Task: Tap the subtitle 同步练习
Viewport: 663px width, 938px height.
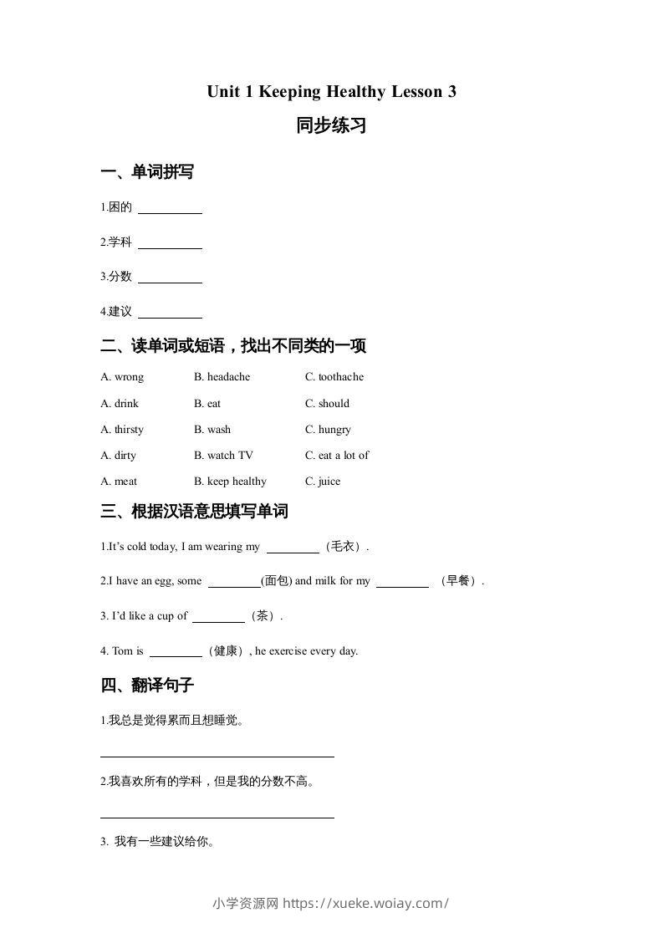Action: (x=331, y=126)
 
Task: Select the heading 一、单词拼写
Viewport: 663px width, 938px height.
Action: (x=147, y=172)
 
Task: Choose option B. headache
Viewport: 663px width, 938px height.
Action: (x=222, y=377)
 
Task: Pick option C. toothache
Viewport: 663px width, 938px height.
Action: (x=334, y=377)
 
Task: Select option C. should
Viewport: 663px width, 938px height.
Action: (x=328, y=403)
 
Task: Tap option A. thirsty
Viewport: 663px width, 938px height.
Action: (x=122, y=430)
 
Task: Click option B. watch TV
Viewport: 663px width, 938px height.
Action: (x=223, y=456)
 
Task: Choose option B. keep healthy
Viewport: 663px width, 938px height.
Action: (x=230, y=482)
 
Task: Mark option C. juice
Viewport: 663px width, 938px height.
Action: (x=323, y=482)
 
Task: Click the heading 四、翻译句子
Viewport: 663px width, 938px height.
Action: (x=147, y=686)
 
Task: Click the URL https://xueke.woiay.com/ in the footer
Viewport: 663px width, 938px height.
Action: (x=366, y=903)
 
